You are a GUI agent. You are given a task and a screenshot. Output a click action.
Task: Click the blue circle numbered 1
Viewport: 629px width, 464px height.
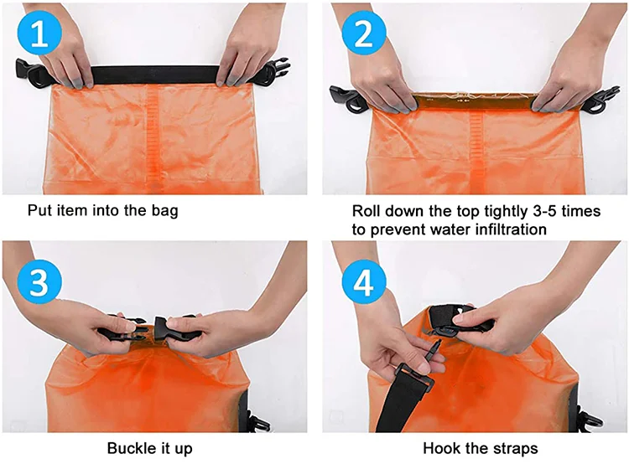39,34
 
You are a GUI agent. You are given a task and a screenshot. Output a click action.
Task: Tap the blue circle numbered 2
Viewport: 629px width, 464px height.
364,34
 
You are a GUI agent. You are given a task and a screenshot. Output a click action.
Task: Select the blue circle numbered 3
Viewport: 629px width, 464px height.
39,281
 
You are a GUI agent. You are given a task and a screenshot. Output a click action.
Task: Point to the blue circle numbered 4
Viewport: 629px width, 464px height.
364,281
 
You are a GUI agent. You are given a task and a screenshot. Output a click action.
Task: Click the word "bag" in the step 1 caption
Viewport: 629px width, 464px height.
164,211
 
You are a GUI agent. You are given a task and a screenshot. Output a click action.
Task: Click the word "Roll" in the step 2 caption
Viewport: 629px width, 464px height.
366,211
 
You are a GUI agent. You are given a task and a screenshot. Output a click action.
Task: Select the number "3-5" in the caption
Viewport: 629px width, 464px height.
545,211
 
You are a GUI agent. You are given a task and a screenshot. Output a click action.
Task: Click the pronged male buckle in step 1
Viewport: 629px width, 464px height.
278,72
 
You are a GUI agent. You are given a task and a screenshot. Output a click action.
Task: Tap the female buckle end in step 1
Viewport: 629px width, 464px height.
32,73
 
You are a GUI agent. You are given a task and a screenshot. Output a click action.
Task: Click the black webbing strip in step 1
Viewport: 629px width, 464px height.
155,75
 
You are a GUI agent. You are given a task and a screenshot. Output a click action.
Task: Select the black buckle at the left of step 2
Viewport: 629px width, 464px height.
346,99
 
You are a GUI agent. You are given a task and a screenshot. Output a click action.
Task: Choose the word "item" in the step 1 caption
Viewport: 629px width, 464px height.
66,210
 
